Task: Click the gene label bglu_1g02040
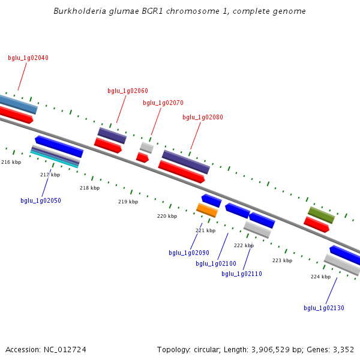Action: pyautogui.click(x=28, y=58)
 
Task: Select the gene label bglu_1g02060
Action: pyautogui.click(x=128, y=91)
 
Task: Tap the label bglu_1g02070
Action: pyautogui.click(x=163, y=103)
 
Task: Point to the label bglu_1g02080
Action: pyautogui.click(x=203, y=118)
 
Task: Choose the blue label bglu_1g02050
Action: pyautogui.click(x=41, y=200)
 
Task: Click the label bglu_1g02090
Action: pyautogui.click(x=189, y=253)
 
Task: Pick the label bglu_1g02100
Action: pyautogui.click(x=216, y=263)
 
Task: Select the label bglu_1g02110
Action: pyautogui.click(x=242, y=274)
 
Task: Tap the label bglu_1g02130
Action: pyautogui.click(x=324, y=308)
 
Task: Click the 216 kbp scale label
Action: pyautogui.click(x=11, y=162)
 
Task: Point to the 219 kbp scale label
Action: pyautogui.click(x=128, y=202)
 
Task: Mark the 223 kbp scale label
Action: pyautogui.click(x=283, y=260)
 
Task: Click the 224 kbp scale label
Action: pyautogui.click(x=321, y=277)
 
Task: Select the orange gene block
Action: pyautogui.click(x=207, y=210)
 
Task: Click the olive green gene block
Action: pyautogui.click(x=321, y=215)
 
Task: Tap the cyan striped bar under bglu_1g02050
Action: pyautogui.click(x=55, y=160)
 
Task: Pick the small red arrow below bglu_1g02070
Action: pyautogui.click(x=142, y=157)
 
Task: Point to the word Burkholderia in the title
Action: pyautogui.click(x=80, y=11)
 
